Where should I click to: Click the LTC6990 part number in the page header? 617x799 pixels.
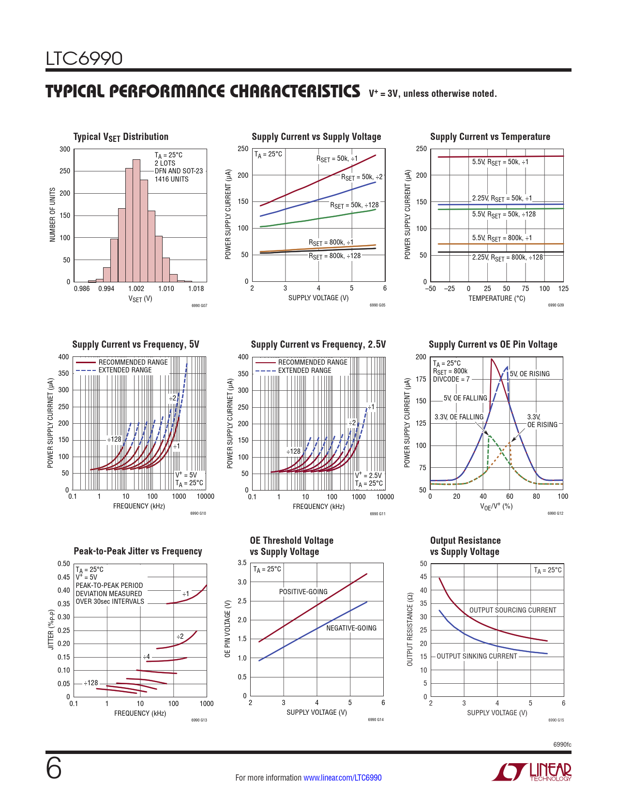click(x=84, y=59)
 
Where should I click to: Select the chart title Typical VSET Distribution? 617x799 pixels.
click(x=120, y=137)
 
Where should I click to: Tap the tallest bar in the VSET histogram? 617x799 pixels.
click(x=136, y=220)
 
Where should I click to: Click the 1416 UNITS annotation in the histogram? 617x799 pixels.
click(x=171, y=179)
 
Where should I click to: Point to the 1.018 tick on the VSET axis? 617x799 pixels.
click(x=196, y=289)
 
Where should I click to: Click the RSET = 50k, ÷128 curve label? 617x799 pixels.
click(x=354, y=205)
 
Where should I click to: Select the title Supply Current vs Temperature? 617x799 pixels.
click(x=490, y=137)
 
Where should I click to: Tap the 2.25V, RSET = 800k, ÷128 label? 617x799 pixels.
click(x=507, y=258)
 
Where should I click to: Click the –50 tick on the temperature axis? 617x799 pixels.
click(x=430, y=289)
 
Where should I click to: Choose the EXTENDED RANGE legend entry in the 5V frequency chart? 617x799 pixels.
click(x=125, y=370)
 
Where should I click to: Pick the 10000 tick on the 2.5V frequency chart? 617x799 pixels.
click(x=385, y=497)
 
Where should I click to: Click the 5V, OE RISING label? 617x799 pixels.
click(x=529, y=374)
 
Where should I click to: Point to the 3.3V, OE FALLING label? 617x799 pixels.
click(x=459, y=417)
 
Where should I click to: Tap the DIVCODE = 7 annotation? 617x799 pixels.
click(x=451, y=379)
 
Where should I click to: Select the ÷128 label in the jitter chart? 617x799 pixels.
click(x=91, y=683)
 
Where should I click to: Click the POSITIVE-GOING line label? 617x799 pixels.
click(x=303, y=592)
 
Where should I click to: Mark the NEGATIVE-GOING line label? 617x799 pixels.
click(x=351, y=628)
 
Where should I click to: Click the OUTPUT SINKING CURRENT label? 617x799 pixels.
click(x=477, y=656)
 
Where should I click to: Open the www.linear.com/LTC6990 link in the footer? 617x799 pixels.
click(x=342, y=778)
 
